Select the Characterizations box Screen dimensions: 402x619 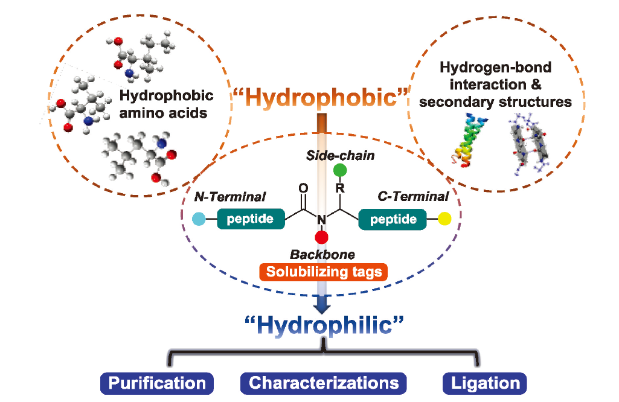point(324,383)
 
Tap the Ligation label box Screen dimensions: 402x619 point(485,383)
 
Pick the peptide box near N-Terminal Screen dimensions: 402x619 point(251,219)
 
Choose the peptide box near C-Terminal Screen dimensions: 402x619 point(393,219)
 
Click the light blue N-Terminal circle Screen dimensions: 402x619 point(198,219)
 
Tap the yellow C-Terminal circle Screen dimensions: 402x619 point(445,219)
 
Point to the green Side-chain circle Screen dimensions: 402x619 point(340,170)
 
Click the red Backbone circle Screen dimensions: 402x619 point(321,236)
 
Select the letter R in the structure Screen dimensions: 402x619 point(341,188)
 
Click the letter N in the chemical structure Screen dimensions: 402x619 point(321,219)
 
